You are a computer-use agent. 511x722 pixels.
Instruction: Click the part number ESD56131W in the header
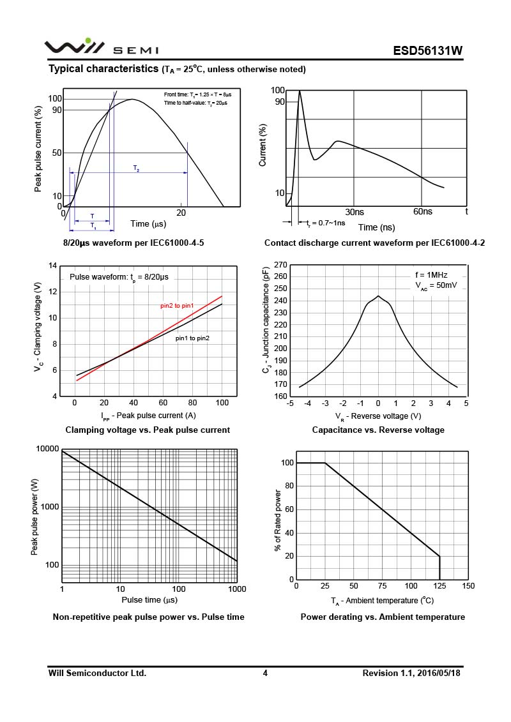click(x=427, y=51)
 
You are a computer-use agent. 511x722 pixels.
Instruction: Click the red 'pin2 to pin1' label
click(x=177, y=306)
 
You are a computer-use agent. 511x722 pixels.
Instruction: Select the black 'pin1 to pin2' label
click(x=192, y=338)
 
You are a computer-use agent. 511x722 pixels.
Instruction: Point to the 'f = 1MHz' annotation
click(x=432, y=276)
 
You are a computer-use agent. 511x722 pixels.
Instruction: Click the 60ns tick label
click(x=422, y=211)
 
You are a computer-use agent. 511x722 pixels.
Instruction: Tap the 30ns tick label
click(x=355, y=211)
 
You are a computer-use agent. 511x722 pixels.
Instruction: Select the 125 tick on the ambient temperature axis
click(x=439, y=586)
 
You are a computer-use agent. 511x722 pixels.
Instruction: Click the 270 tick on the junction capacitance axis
click(x=280, y=264)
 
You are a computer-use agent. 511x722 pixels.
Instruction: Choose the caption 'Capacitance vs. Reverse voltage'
click(x=378, y=430)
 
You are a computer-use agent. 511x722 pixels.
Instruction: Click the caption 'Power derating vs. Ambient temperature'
click(x=383, y=617)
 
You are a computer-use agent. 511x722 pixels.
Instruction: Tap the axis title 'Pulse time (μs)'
click(x=149, y=600)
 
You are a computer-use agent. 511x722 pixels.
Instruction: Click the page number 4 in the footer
click(x=265, y=673)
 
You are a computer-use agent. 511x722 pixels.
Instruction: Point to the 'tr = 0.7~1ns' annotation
click(x=326, y=223)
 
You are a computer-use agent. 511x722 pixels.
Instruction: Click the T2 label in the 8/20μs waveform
click(x=136, y=168)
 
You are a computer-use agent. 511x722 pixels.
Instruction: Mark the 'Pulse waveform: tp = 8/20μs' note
click(x=119, y=278)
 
